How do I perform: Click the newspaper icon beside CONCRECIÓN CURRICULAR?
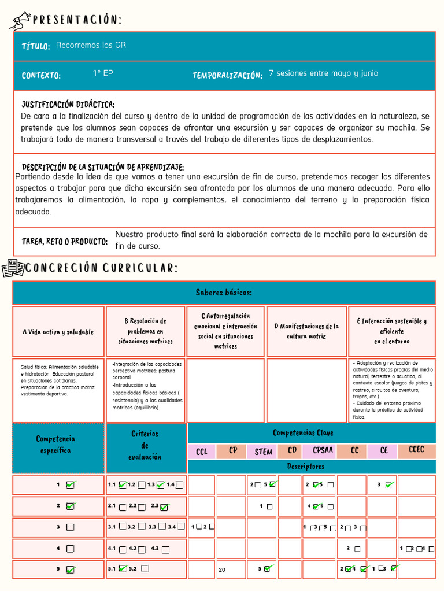[13, 268]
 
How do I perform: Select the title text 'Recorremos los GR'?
[91, 45]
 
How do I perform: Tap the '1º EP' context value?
[103, 73]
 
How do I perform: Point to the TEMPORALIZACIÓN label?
[227, 75]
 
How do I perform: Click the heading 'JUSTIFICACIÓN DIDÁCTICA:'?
[68, 105]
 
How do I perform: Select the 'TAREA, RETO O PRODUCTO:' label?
[65, 241]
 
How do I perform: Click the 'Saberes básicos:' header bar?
[224, 293]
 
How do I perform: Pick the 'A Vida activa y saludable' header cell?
[58, 332]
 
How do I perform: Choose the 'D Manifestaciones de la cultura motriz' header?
[306, 331]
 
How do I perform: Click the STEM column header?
[263, 452]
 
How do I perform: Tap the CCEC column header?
[416, 450]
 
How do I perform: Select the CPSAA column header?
[323, 450]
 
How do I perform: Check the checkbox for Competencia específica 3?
[71, 527]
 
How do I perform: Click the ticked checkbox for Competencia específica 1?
[71, 484]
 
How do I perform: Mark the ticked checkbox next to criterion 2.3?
[164, 507]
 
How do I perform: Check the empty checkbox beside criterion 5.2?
[145, 569]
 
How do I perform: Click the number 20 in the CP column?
[222, 570]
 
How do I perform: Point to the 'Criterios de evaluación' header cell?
[145, 445]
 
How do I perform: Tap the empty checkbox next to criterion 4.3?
[166, 549]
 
